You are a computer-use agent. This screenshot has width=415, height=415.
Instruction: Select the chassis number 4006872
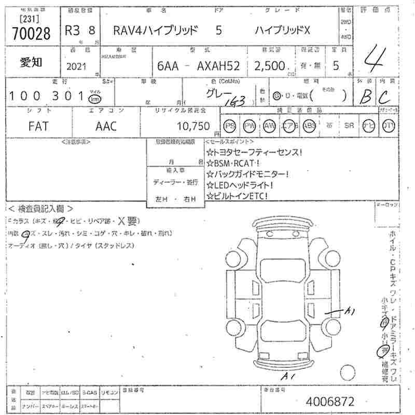(330, 402)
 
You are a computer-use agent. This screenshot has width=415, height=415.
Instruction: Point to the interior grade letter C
(385, 96)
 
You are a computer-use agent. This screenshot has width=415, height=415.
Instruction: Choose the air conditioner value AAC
(106, 126)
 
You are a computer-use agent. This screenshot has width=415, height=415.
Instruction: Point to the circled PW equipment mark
(250, 126)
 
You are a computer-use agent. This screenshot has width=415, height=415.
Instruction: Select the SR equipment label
(349, 126)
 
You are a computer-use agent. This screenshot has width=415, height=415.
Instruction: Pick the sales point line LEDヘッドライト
(240, 185)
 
